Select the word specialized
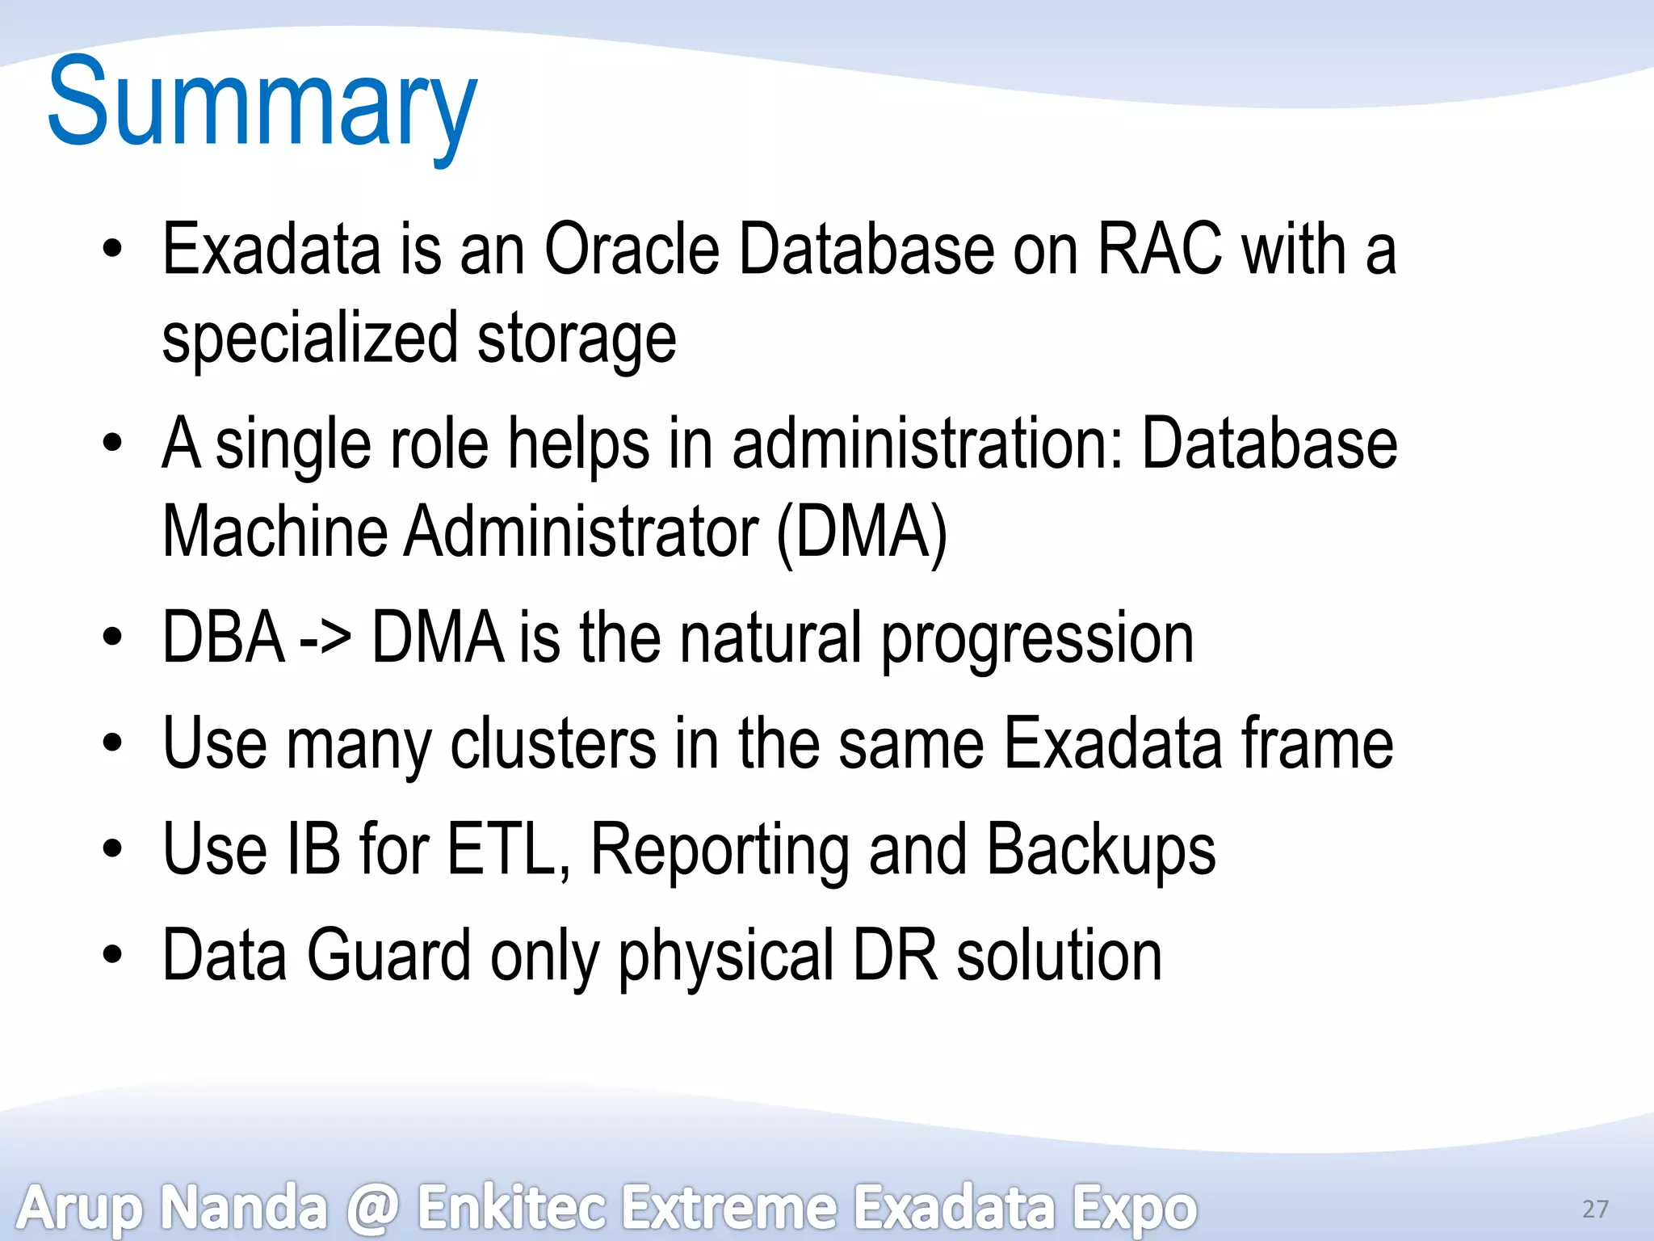tap(310, 339)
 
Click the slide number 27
tap(1595, 1209)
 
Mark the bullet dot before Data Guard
tap(112, 956)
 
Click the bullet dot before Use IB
tap(112, 850)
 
